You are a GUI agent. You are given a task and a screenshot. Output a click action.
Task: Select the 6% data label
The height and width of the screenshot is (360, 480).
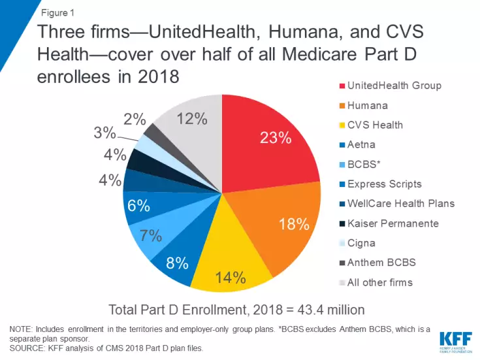tap(139, 205)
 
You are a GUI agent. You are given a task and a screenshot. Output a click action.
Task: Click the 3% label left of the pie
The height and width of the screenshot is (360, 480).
tap(104, 134)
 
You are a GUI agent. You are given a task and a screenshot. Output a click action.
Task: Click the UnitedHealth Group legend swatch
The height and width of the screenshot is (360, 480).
tap(339, 86)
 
